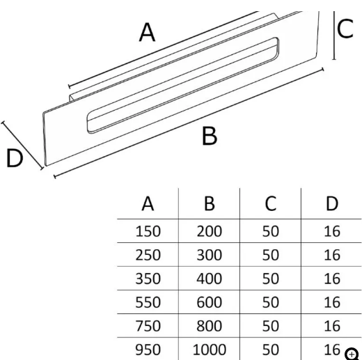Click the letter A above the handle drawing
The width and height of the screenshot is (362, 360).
[147, 32]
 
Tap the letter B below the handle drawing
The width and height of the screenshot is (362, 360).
[210, 136]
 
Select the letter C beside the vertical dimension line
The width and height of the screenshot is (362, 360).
[345, 29]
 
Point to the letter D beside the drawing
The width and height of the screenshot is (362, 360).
[15, 158]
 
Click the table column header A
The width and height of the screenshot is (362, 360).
[148, 203]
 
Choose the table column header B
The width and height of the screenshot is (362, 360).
[210, 203]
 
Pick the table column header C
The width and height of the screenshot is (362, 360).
[271, 203]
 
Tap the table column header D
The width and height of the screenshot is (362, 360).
[332, 203]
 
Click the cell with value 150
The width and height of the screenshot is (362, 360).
[148, 231]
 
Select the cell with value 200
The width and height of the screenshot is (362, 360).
[210, 231]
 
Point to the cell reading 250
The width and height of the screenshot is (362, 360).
[148, 255]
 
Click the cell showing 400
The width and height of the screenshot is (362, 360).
[210, 279]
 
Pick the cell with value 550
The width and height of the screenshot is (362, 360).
[148, 302]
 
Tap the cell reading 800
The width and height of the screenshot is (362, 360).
[210, 326]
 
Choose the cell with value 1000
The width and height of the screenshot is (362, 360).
[210, 350]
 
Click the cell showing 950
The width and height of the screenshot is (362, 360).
[148, 350]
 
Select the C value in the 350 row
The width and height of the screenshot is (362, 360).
[271, 279]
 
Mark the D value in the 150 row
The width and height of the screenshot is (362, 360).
[332, 231]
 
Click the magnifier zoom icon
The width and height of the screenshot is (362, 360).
[352, 354]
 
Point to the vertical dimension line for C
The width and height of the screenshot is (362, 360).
[334, 36]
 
